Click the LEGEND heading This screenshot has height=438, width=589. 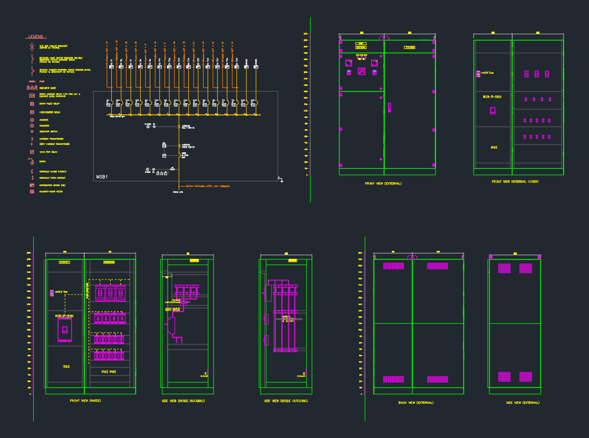36,37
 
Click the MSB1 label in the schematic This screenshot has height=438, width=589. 102,177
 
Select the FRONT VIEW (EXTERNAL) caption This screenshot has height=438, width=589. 383,183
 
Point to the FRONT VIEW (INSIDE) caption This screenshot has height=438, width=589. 85,401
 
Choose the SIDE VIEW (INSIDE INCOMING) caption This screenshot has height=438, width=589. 183,401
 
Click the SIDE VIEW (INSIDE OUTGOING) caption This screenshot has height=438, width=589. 286,401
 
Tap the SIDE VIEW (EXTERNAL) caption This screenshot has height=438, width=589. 523,402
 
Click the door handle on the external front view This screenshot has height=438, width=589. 390,108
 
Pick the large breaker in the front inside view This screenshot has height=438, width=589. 65,330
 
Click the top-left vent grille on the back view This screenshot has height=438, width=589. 393,266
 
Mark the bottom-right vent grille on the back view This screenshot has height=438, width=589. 437,379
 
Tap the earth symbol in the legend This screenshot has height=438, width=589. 32,161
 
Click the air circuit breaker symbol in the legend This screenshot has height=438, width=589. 32,47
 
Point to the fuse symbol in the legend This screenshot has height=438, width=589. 32,81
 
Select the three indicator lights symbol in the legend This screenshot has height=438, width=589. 32,87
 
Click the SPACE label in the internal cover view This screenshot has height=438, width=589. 494,148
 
